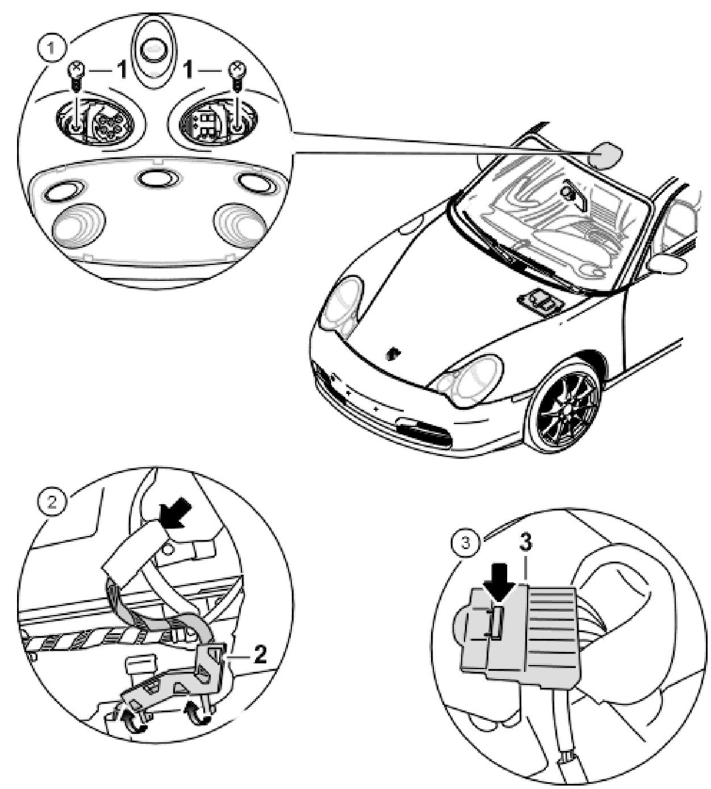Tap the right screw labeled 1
tap(236, 72)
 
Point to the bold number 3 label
tap(526, 543)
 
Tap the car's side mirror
tap(669, 263)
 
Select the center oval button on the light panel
tap(155, 180)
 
